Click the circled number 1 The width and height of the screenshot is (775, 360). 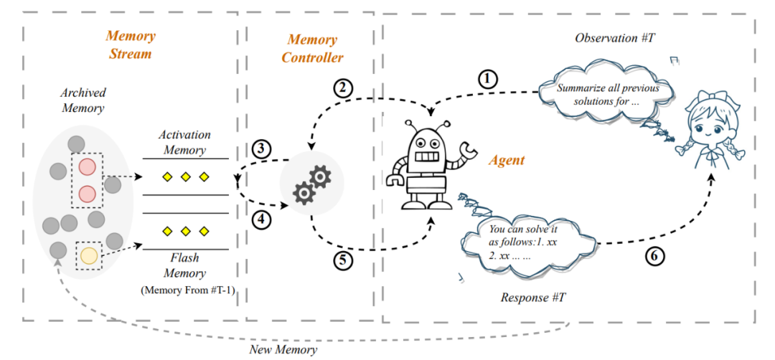click(489, 78)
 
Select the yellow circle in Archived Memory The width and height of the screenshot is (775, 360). click(89, 255)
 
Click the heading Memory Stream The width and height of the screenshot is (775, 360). click(131, 44)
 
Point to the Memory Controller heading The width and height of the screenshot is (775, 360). click(312, 48)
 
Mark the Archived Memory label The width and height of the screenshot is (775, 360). click(83, 101)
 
